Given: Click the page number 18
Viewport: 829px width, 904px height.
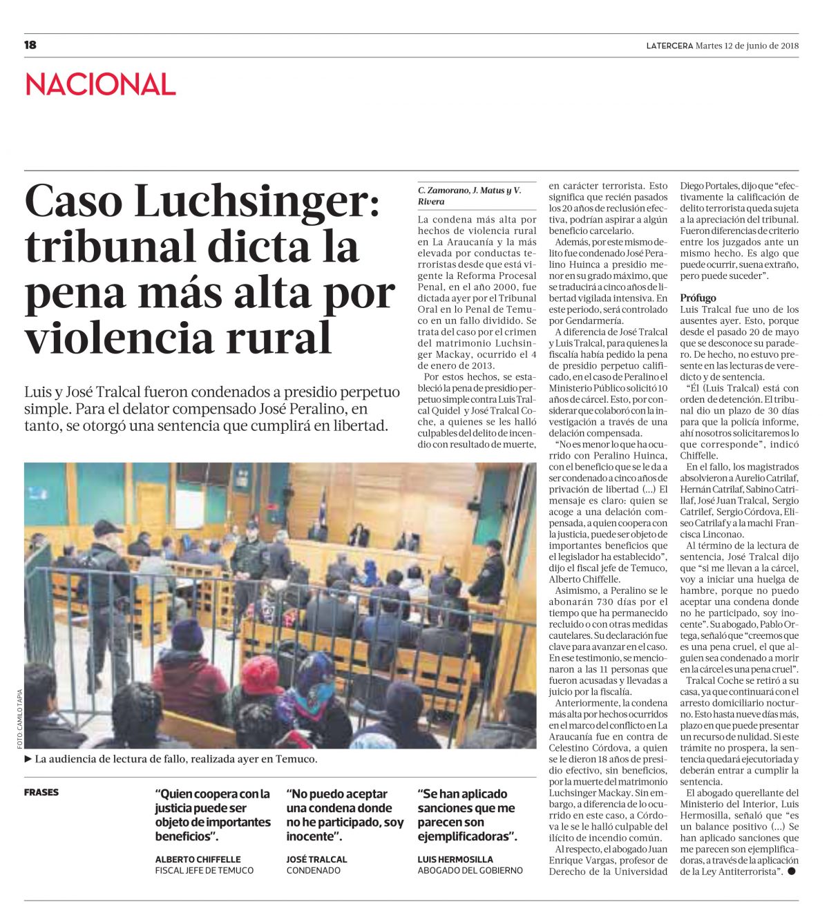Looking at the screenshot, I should (30, 46).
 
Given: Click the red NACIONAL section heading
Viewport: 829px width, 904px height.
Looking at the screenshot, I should (101, 85).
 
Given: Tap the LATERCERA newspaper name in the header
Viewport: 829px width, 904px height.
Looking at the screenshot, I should (669, 46).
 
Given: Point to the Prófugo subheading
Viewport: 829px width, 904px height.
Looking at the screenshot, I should (698, 298).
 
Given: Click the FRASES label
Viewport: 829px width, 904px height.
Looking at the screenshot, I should (41, 792).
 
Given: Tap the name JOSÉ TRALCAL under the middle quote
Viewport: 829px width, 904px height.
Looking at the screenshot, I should (317, 859).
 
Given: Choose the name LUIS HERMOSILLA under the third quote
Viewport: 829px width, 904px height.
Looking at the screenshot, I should (455, 859).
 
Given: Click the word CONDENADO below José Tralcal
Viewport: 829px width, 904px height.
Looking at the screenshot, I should (314, 871).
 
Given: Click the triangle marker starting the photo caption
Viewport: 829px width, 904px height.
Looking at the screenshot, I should (28, 759).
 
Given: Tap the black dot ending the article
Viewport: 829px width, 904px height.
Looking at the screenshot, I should (791, 872).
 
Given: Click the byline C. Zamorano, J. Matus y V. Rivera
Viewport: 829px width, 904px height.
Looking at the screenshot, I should (469, 195).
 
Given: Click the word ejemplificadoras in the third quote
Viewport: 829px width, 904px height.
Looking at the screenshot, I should (466, 836).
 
